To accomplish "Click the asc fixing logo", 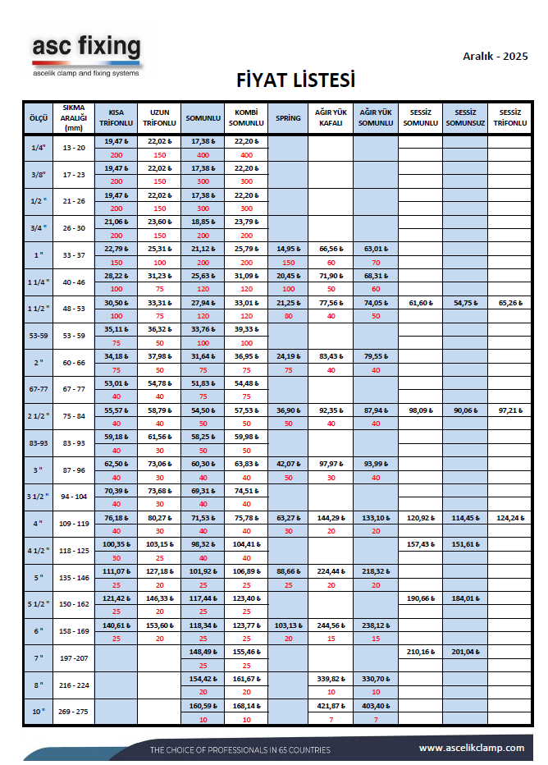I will point(86,54).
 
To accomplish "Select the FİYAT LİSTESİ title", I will point(295,81).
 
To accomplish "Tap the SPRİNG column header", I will point(287,118).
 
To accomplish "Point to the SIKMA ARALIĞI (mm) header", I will point(75,118).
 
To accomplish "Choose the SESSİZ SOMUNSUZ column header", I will point(465,118).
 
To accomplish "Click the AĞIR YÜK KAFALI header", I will point(331,118).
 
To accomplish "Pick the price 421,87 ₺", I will point(331,705).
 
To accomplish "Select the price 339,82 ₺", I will point(331,679).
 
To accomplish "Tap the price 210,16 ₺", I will point(420,652).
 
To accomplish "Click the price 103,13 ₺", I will point(288,625).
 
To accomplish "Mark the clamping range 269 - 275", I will point(75,712).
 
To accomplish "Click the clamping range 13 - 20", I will point(75,148).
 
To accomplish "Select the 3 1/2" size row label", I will point(38,497).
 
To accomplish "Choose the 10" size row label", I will point(38,712).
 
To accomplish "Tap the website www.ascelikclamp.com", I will point(471,748).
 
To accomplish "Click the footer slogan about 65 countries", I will point(240,750).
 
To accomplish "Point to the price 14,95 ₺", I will point(288,250).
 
